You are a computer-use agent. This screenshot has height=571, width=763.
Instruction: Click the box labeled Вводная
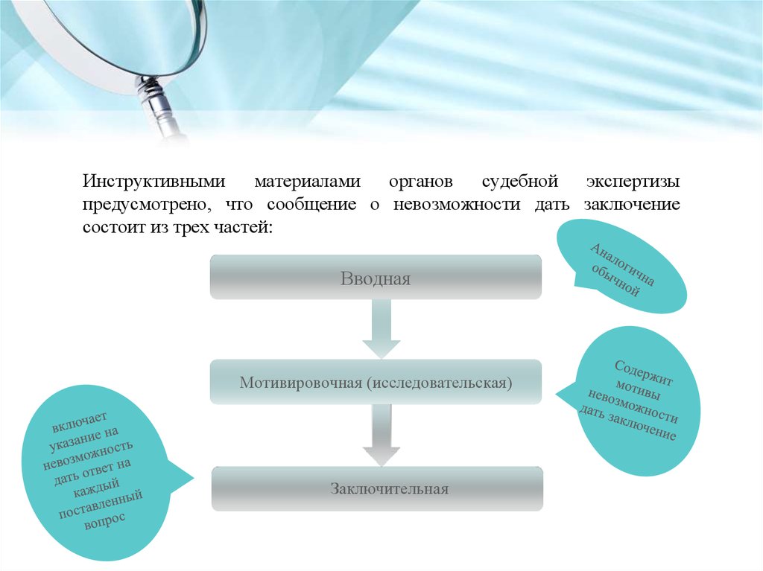click(376, 279)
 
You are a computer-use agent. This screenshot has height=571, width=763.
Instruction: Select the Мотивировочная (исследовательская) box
click(376, 383)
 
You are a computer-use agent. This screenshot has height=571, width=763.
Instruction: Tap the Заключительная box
click(377, 488)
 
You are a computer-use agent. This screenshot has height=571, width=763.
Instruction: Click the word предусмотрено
click(141, 205)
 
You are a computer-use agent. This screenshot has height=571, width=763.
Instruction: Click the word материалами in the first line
click(306, 182)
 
